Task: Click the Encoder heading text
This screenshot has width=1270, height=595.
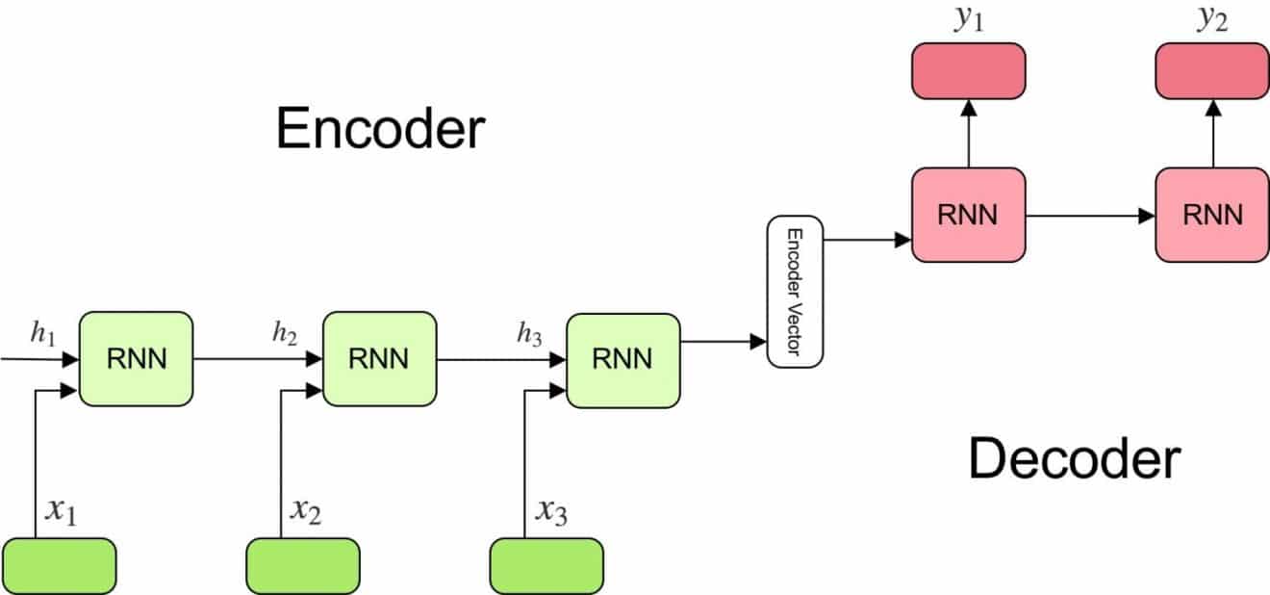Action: coord(380,128)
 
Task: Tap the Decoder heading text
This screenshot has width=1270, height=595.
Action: coord(1075,459)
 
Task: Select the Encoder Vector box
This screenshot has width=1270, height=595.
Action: coord(795,292)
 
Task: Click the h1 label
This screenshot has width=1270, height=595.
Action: coord(43,333)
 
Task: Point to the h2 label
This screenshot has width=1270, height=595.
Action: coord(285,333)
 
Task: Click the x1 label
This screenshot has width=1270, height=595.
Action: coord(62,511)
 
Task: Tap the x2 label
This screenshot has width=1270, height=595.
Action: coord(306,511)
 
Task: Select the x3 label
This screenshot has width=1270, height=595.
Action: coord(551,511)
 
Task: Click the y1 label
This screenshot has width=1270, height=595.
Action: coord(969,18)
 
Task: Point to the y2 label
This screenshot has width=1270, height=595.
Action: coord(1212,18)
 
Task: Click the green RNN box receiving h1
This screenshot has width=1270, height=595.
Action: coord(136,358)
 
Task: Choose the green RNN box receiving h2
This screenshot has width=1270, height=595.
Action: coord(380,358)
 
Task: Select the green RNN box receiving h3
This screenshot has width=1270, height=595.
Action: coord(623,360)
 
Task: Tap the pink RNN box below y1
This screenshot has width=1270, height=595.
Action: coord(969,215)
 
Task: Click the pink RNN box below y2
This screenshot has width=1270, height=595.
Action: coord(1212,215)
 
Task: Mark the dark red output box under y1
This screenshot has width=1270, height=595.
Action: coord(969,71)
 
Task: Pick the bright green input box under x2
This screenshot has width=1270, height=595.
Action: coord(303,566)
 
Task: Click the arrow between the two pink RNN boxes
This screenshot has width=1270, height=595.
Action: coord(1091,216)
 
